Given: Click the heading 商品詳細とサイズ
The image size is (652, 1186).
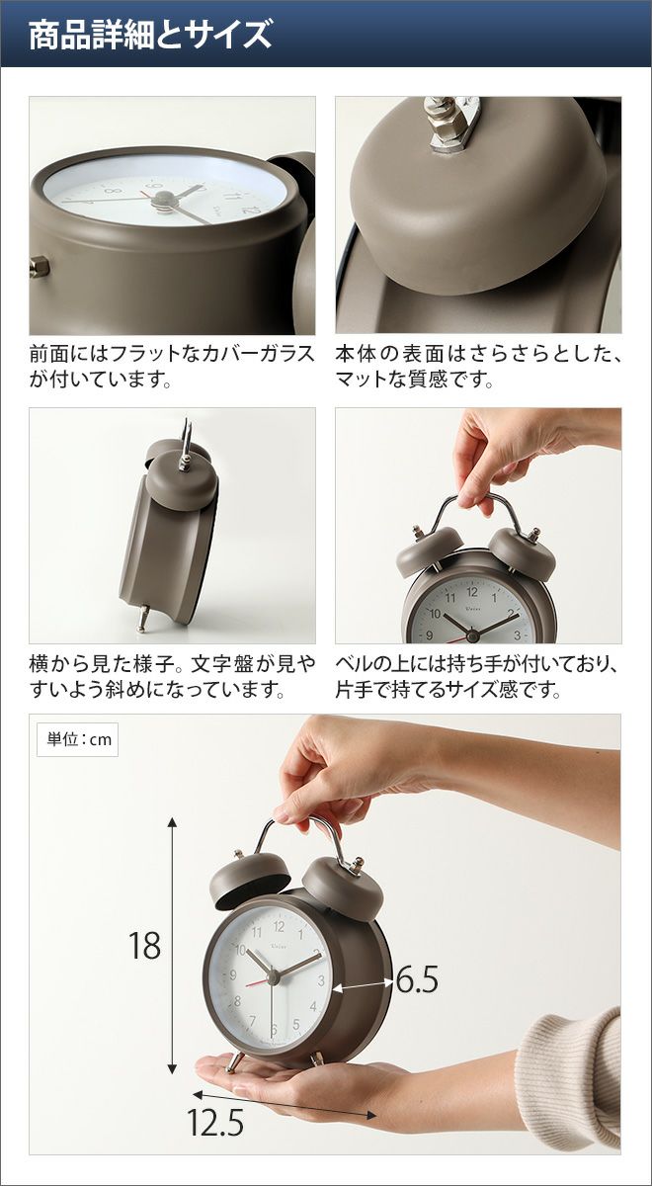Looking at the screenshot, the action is pyautogui.click(x=150, y=35).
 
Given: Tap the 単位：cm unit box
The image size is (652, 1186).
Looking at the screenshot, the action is pyautogui.click(x=77, y=739).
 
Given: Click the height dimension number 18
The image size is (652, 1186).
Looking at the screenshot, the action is pyautogui.click(x=144, y=946).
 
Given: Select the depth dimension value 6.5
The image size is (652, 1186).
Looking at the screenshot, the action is pyautogui.click(x=417, y=979).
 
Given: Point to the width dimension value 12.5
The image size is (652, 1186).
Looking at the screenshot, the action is pyautogui.click(x=215, y=1107).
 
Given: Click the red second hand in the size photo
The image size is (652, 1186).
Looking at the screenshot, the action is pyautogui.click(x=259, y=982).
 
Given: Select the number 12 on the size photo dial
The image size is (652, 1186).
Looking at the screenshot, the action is pyautogui.click(x=279, y=927).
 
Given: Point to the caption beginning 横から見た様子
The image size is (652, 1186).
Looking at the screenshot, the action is pyautogui.click(x=172, y=677).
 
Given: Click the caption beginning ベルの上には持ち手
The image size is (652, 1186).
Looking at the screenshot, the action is pyautogui.click(x=476, y=677).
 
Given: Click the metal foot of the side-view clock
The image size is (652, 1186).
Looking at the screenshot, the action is pyautogui.click(x=143, y=618).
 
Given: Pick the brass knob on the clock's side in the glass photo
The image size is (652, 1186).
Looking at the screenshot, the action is pyautogui.click(x=40, y=266).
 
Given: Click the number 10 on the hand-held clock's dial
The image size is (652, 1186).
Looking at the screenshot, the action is pyautogui.click(x=435, y=614).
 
